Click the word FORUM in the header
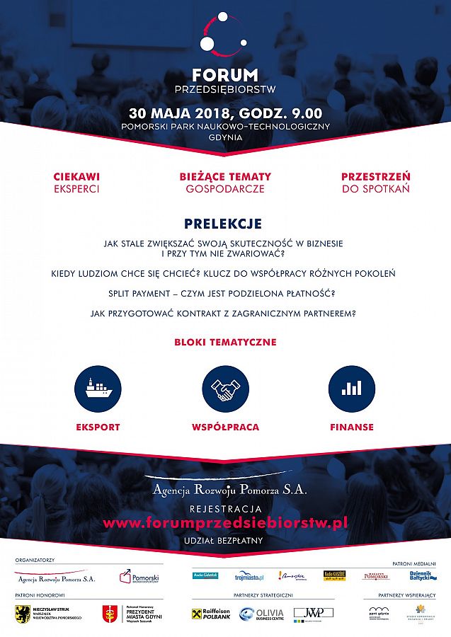click(225, 75)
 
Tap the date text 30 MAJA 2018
click(173, 113)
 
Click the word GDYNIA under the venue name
click(225, 137)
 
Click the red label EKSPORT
click(98, 427)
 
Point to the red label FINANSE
click(352, 427)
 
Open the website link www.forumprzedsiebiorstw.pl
click(225, 523)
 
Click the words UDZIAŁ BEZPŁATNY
click(225, 541)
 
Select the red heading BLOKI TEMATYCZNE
click(225, 343)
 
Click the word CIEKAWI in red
click(76, 176)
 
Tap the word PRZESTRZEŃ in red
click(375, 176)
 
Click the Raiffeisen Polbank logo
click(211, 614)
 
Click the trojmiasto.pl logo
click(249, 576)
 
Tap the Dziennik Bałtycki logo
click(419, 576)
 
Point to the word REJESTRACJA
click(225, 509)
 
